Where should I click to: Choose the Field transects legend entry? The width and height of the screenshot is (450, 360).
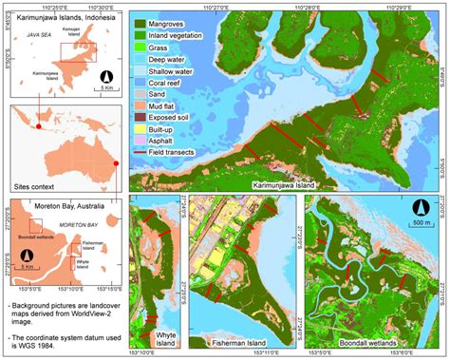pyautogui.click(x=177, y=158)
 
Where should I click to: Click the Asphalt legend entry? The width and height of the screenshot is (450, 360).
pyautogui.click(x=168, y=146)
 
